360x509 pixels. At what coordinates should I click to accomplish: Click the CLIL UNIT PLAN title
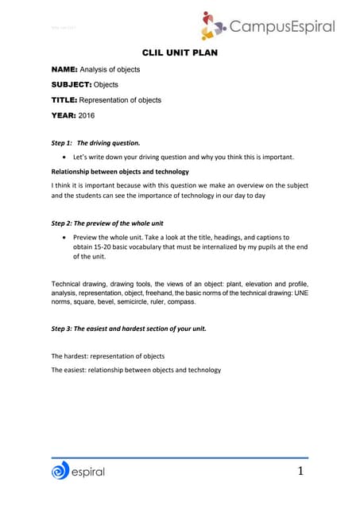pos(179,52)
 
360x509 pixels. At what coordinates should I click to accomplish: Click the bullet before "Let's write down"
pos(64,157)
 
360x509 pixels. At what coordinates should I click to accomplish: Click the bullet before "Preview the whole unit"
pos(64,237)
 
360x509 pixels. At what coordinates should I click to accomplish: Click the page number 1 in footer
pos(300,473)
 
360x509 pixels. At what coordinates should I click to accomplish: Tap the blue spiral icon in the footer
pos(60,472)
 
